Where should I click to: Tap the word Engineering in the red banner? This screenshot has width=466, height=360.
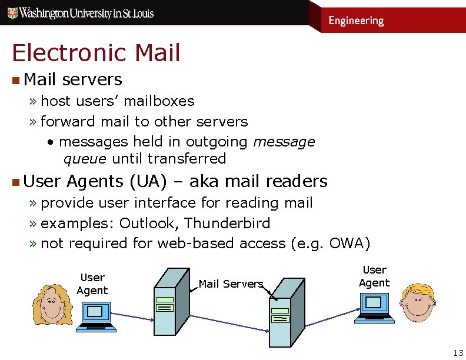coord(355,21)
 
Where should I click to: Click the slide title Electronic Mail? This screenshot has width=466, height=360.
coord(96,53)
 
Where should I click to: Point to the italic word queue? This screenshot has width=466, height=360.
coord(85,159)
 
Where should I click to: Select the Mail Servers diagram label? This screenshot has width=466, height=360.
coord(231,284)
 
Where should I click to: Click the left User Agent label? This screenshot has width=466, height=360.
coord(92,284)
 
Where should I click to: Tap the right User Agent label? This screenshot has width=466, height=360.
coord(374,276)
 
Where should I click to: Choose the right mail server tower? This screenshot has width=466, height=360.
coord(286,311)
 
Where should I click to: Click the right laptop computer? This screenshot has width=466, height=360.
coord(373,306)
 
